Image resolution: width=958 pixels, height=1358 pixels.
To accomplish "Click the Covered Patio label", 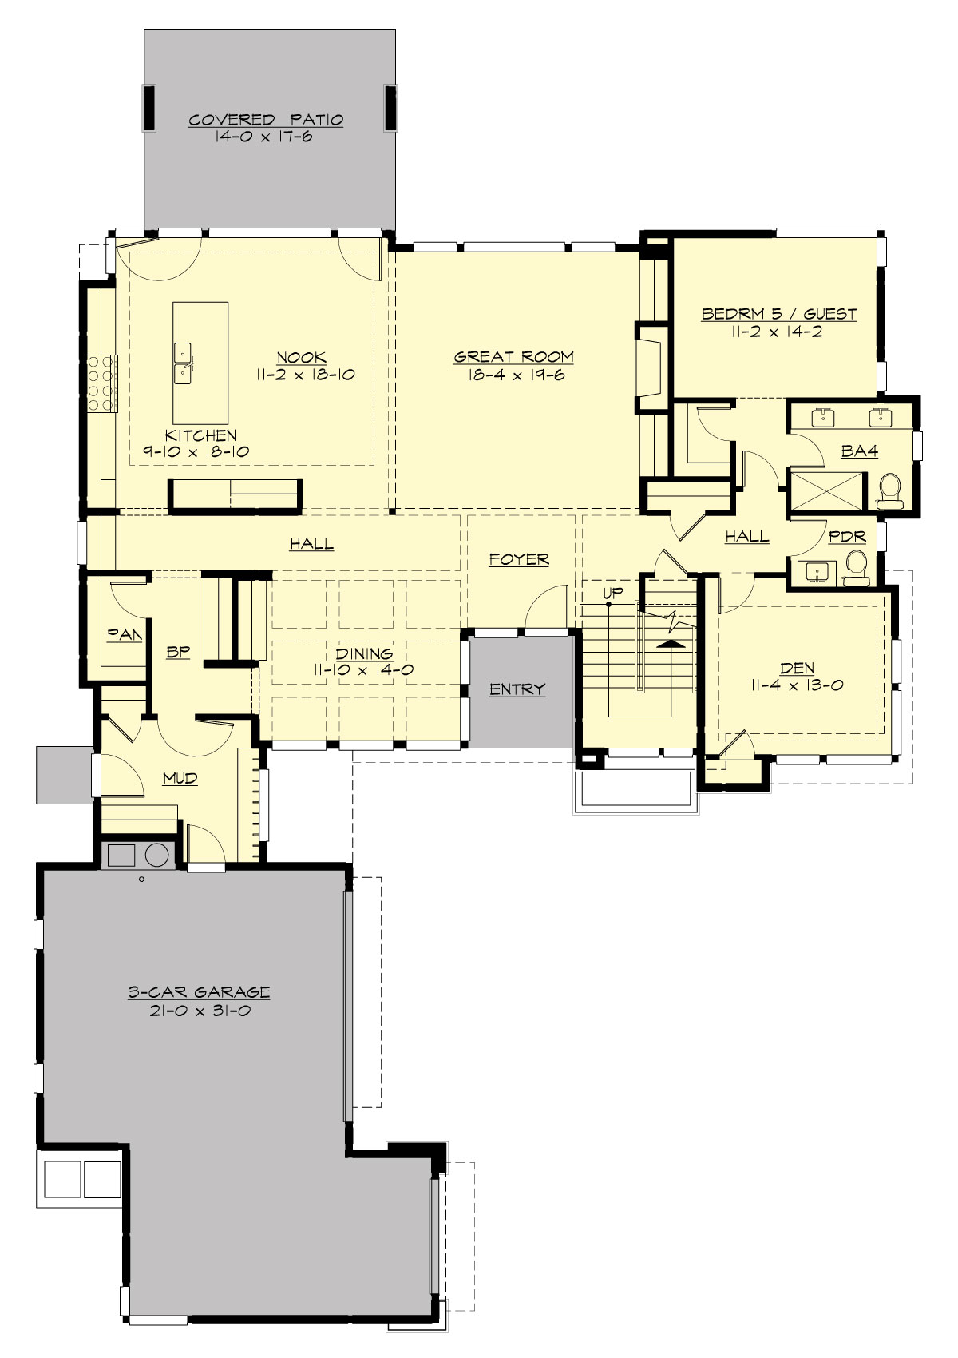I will pos(266,120).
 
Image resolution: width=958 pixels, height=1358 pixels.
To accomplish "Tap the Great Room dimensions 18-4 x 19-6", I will pos(513,375).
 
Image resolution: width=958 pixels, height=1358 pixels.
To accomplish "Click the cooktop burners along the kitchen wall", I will pos(102,383).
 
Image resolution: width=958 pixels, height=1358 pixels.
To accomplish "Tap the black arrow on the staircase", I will pos(673,641).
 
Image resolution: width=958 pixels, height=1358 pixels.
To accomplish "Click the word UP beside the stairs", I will pos(612,592).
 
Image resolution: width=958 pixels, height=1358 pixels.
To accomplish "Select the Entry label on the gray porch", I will pos(517,689).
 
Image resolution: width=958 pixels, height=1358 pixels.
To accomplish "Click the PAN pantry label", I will pos(125,635).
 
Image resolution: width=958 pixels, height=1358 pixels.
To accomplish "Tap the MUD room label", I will pos(180,778).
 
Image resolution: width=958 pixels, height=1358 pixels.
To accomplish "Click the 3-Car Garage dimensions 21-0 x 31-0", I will pos(199,1011).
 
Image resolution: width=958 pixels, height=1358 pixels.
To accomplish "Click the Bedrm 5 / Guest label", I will pos(778,314).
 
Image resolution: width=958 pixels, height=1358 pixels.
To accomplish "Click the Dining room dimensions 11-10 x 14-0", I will pos(363,670).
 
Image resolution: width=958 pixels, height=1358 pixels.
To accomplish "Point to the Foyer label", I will pos(519,559).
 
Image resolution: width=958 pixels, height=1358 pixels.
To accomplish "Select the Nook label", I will pos(301,357).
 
